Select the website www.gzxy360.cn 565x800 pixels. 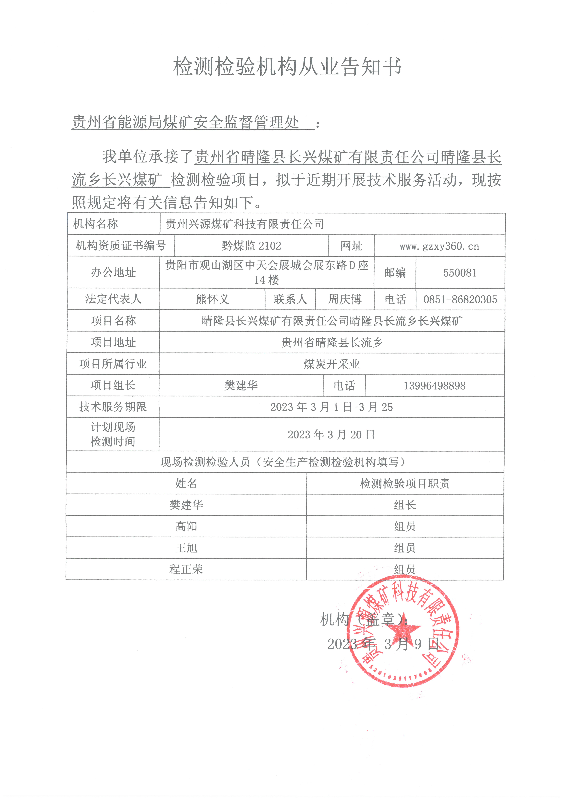(439, 246)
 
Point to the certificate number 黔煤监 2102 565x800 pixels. (251, 246)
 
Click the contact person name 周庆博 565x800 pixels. (345, 299)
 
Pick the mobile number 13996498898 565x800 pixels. (434, 386)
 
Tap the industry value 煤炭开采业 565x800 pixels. (331, 364)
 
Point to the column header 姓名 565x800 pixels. (186, 483)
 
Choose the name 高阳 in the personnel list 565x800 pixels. (186, 526)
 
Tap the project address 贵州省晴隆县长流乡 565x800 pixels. (331, 342)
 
